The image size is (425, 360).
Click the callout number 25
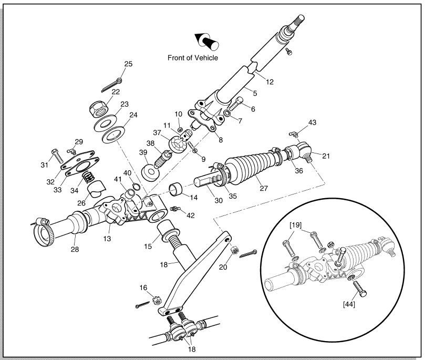[128, 64]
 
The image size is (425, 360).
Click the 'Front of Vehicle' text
[192, 58]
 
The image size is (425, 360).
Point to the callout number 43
[313, 122]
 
